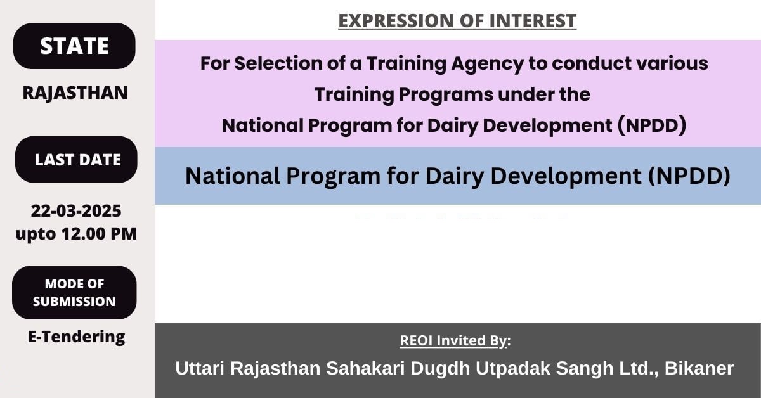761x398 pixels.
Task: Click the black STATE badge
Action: pos(74,46)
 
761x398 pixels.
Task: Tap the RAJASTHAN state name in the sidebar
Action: pos(75,93)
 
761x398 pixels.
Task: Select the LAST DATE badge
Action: pos(76,160)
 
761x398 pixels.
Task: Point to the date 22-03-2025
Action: pos(76,211)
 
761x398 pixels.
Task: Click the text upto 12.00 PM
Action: pos(76,234)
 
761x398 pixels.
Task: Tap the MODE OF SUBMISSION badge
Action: pos(74,293)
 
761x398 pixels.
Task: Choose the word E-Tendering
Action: pos(77,337)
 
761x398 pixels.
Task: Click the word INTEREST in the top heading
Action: pos(533,21)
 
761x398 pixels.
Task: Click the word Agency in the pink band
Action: pos(488,64)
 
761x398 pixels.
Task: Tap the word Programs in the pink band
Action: pos(446,94)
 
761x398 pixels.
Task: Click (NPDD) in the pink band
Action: pos(652,125)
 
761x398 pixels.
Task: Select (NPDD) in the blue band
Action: pos(689,176)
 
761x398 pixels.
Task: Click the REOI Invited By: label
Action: pos(455,340)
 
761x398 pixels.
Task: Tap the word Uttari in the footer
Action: pos(200,368)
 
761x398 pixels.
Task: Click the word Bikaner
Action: pos(699,368)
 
